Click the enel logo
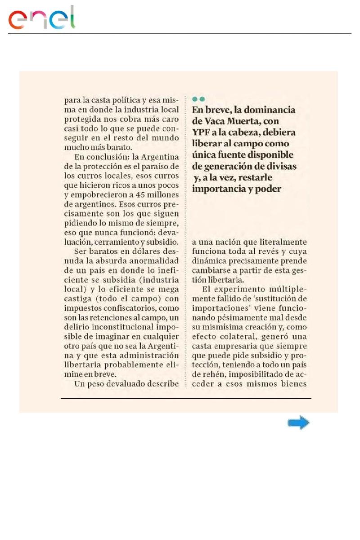[x=42, y=19]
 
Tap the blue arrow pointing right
[x=299, y=423]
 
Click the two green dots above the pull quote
[x=198, y=99]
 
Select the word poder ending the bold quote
[x=269, y=189]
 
